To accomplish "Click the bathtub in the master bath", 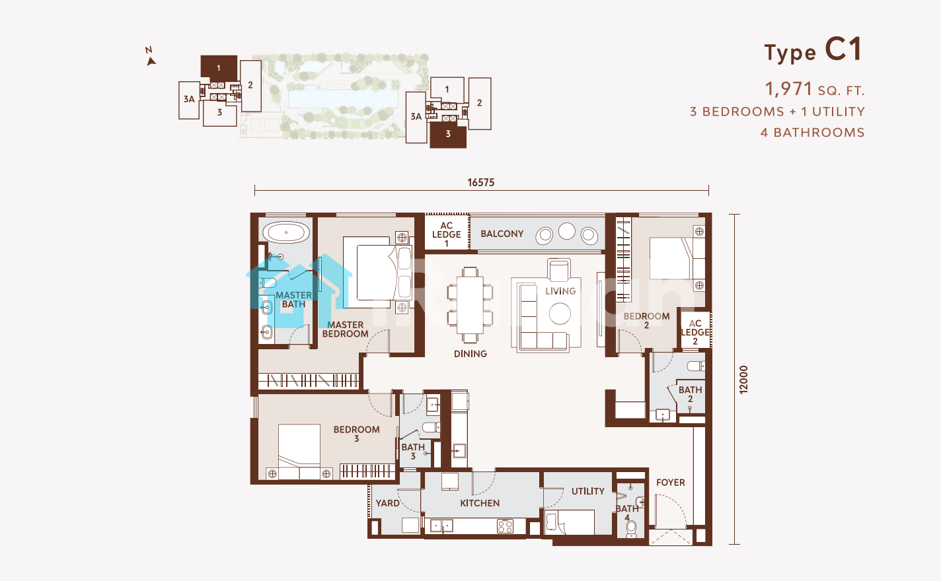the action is click(286, 232).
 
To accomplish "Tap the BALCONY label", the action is click(502, 234).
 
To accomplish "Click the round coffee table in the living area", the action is click(560, 314).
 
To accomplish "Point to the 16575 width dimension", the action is click(481, 183).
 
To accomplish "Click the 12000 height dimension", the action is click(743, 380).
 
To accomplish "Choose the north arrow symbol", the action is click(151, 61).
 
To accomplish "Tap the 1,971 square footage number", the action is click(788, 89).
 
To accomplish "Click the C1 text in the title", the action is click(844, 50).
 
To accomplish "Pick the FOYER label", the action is click(671, 483).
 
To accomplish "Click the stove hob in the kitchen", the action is click(505, 526).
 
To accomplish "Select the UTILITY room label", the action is click(588, 491).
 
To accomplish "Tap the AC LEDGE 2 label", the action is click(695, 333).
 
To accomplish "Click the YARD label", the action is click(387, 503).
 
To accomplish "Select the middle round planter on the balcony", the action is click(567, 231).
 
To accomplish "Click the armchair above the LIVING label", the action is click(559, 269).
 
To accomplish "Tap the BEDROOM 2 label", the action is click(646, 320).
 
